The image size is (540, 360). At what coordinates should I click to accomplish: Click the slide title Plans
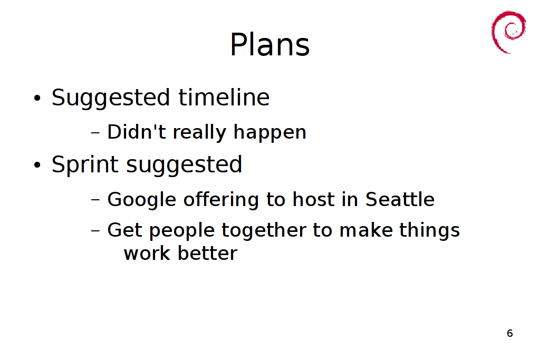[269, 44]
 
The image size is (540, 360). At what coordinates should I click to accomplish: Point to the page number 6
[510, 333]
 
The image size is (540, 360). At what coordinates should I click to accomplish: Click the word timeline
[224, 98]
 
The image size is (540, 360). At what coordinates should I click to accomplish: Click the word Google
[142, 200]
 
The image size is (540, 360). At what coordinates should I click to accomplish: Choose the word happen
[269, 133]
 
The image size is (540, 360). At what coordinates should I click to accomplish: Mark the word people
[182, 230]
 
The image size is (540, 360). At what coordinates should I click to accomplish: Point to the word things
[429, 230]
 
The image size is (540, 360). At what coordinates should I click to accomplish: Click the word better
[207, 253]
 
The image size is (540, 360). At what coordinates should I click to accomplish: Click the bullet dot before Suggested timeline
[37, 99]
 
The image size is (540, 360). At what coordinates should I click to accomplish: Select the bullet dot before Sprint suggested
[37, 165]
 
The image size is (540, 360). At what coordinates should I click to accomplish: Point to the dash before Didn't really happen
[96, 132]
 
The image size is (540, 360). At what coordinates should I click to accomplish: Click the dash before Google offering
[96, 200]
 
